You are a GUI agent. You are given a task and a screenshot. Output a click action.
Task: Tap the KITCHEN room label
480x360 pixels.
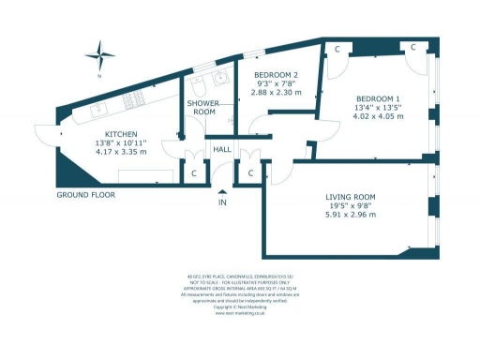point(122,133)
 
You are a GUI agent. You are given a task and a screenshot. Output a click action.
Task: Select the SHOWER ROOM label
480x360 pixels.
point(202,107)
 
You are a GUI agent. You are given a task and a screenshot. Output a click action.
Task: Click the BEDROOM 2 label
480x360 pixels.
point(277,74)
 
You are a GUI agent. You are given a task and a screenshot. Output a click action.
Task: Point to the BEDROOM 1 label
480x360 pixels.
point(378,98)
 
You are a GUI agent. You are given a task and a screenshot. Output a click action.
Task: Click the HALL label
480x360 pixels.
point(222,149)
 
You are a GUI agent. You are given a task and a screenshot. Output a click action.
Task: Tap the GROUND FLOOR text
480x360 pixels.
point(85,195)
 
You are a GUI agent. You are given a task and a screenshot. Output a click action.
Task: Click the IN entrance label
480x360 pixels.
point(222,202)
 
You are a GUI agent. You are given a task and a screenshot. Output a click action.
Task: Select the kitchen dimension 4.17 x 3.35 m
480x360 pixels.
point(122,152)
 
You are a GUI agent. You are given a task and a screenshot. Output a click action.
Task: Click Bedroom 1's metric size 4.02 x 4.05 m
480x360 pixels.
point(378,117)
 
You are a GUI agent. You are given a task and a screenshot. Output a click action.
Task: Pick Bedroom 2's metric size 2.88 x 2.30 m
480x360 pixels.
point(277,93)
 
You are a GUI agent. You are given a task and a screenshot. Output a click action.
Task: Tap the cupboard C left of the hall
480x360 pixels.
point(194,172)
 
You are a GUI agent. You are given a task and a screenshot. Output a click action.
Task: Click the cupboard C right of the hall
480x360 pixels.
point(250,172)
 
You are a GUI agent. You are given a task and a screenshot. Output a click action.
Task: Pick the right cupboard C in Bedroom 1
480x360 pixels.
point(412,48)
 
